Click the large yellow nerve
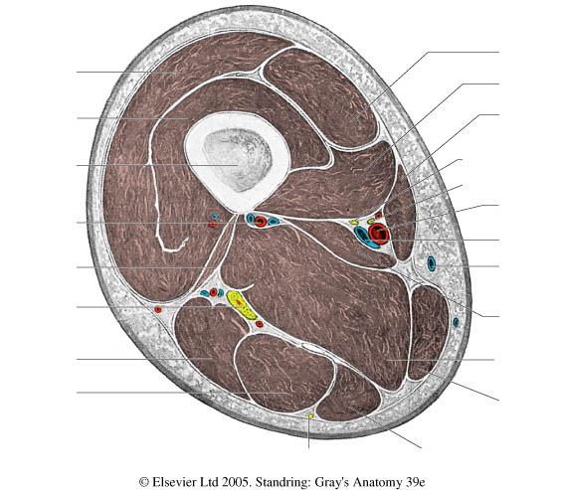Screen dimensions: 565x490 (241, 305)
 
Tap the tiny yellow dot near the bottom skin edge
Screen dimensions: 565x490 (311, 416)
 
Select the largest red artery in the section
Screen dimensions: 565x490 (379, 232)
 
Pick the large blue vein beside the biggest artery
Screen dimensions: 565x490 (365, 239)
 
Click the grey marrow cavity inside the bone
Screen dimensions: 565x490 (237, 160)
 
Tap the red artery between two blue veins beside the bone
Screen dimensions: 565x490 (261, 221)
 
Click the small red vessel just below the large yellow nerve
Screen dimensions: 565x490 (259, 324)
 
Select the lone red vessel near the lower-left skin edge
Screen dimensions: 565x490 (158, 309)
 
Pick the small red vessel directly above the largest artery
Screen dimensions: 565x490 (379, 216)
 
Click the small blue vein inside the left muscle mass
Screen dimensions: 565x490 (215, 217)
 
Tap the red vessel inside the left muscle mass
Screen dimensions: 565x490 (213, 224)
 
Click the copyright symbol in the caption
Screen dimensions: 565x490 (144, 482)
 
